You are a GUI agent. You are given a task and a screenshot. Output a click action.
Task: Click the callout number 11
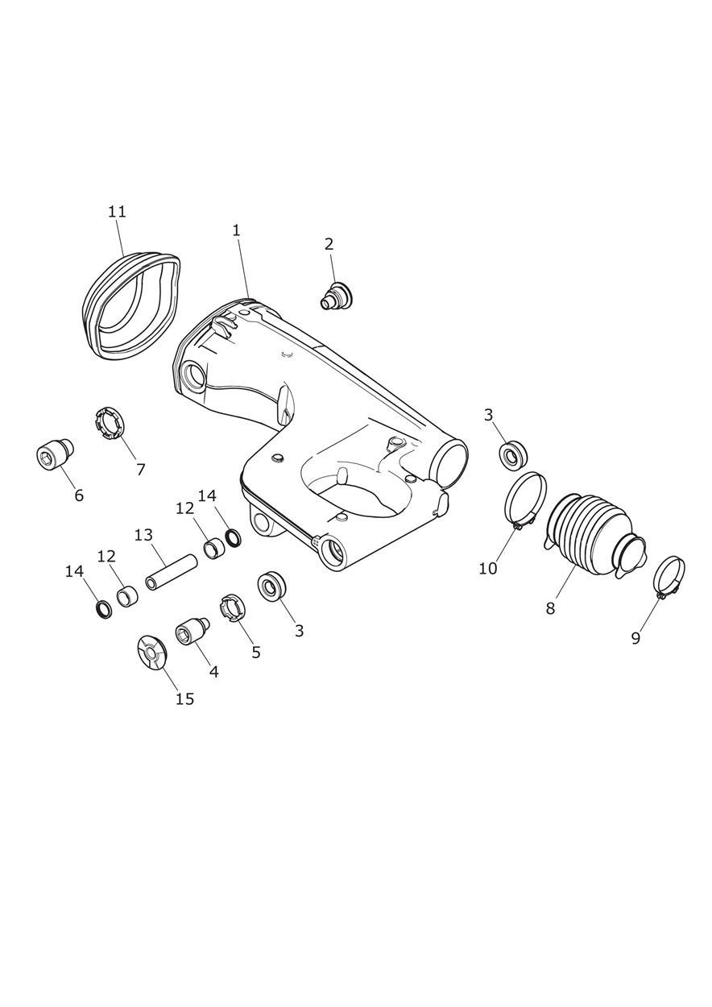pos(117,212)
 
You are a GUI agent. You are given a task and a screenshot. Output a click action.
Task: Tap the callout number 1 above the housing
pos(237,230)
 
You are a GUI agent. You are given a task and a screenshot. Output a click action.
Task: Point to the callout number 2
pos(329,245)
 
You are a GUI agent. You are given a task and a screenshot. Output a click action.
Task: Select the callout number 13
pos(144,536)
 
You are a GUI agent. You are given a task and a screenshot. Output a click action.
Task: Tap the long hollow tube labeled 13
pos(172,573)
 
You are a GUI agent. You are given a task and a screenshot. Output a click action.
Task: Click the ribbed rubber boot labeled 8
pos(594,537)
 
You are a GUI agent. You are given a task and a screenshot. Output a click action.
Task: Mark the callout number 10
pos(488,568)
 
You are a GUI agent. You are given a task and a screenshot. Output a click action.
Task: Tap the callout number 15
pos(184,698)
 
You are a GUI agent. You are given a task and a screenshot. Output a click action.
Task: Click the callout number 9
pos(635,638)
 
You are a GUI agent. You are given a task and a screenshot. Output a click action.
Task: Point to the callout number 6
pos(79,495)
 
